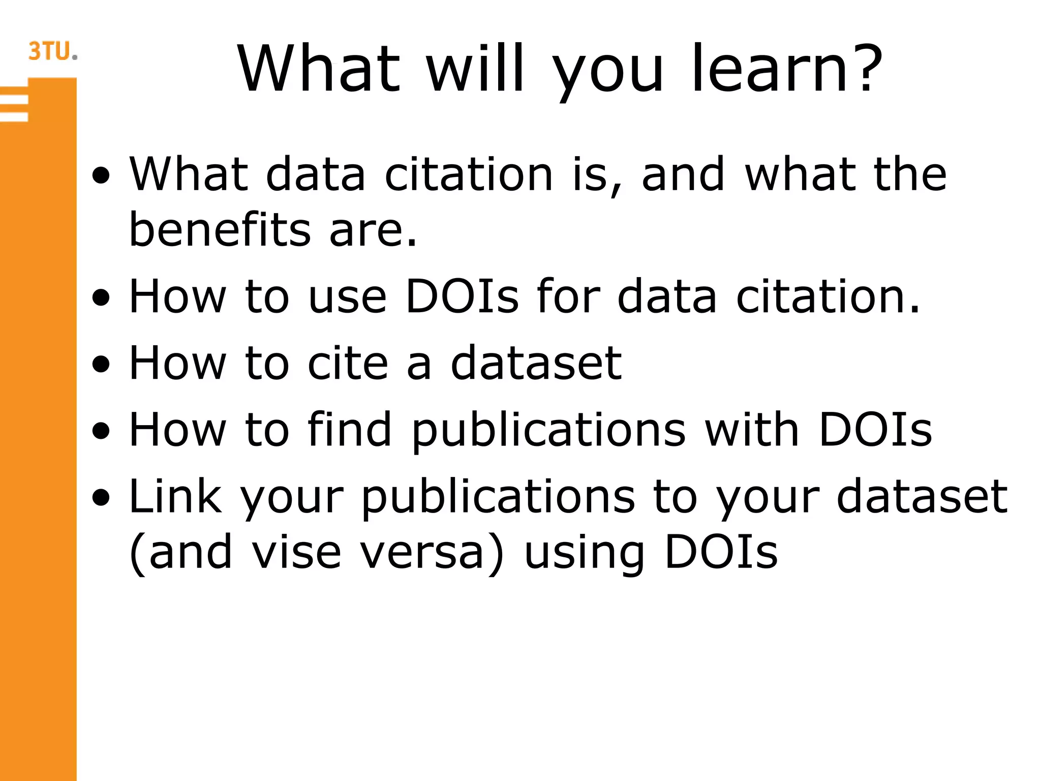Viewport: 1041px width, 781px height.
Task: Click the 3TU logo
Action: [52, 51]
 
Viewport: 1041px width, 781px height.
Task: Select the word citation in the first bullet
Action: [469, 174]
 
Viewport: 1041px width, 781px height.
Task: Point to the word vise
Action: [297, 552]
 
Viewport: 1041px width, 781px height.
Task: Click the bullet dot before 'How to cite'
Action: [101, 365]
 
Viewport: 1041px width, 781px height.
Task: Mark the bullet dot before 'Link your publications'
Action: [101, 498]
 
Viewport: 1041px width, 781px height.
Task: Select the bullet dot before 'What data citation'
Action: [101, 176]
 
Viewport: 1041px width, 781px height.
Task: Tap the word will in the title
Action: [475, 69]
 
